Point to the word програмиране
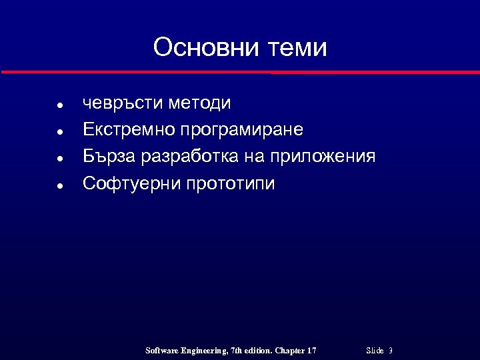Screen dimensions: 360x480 [245, 130]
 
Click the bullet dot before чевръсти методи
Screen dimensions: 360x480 [60, 106]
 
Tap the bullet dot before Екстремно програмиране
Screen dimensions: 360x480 [60, 132]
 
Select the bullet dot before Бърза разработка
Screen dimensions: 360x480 [60, 159]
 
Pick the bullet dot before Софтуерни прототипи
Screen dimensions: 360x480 [60, 186]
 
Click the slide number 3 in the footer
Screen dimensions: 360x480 [390, 351]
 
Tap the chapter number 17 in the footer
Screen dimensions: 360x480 [311, 351]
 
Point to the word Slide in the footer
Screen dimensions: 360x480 [375, 351]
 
